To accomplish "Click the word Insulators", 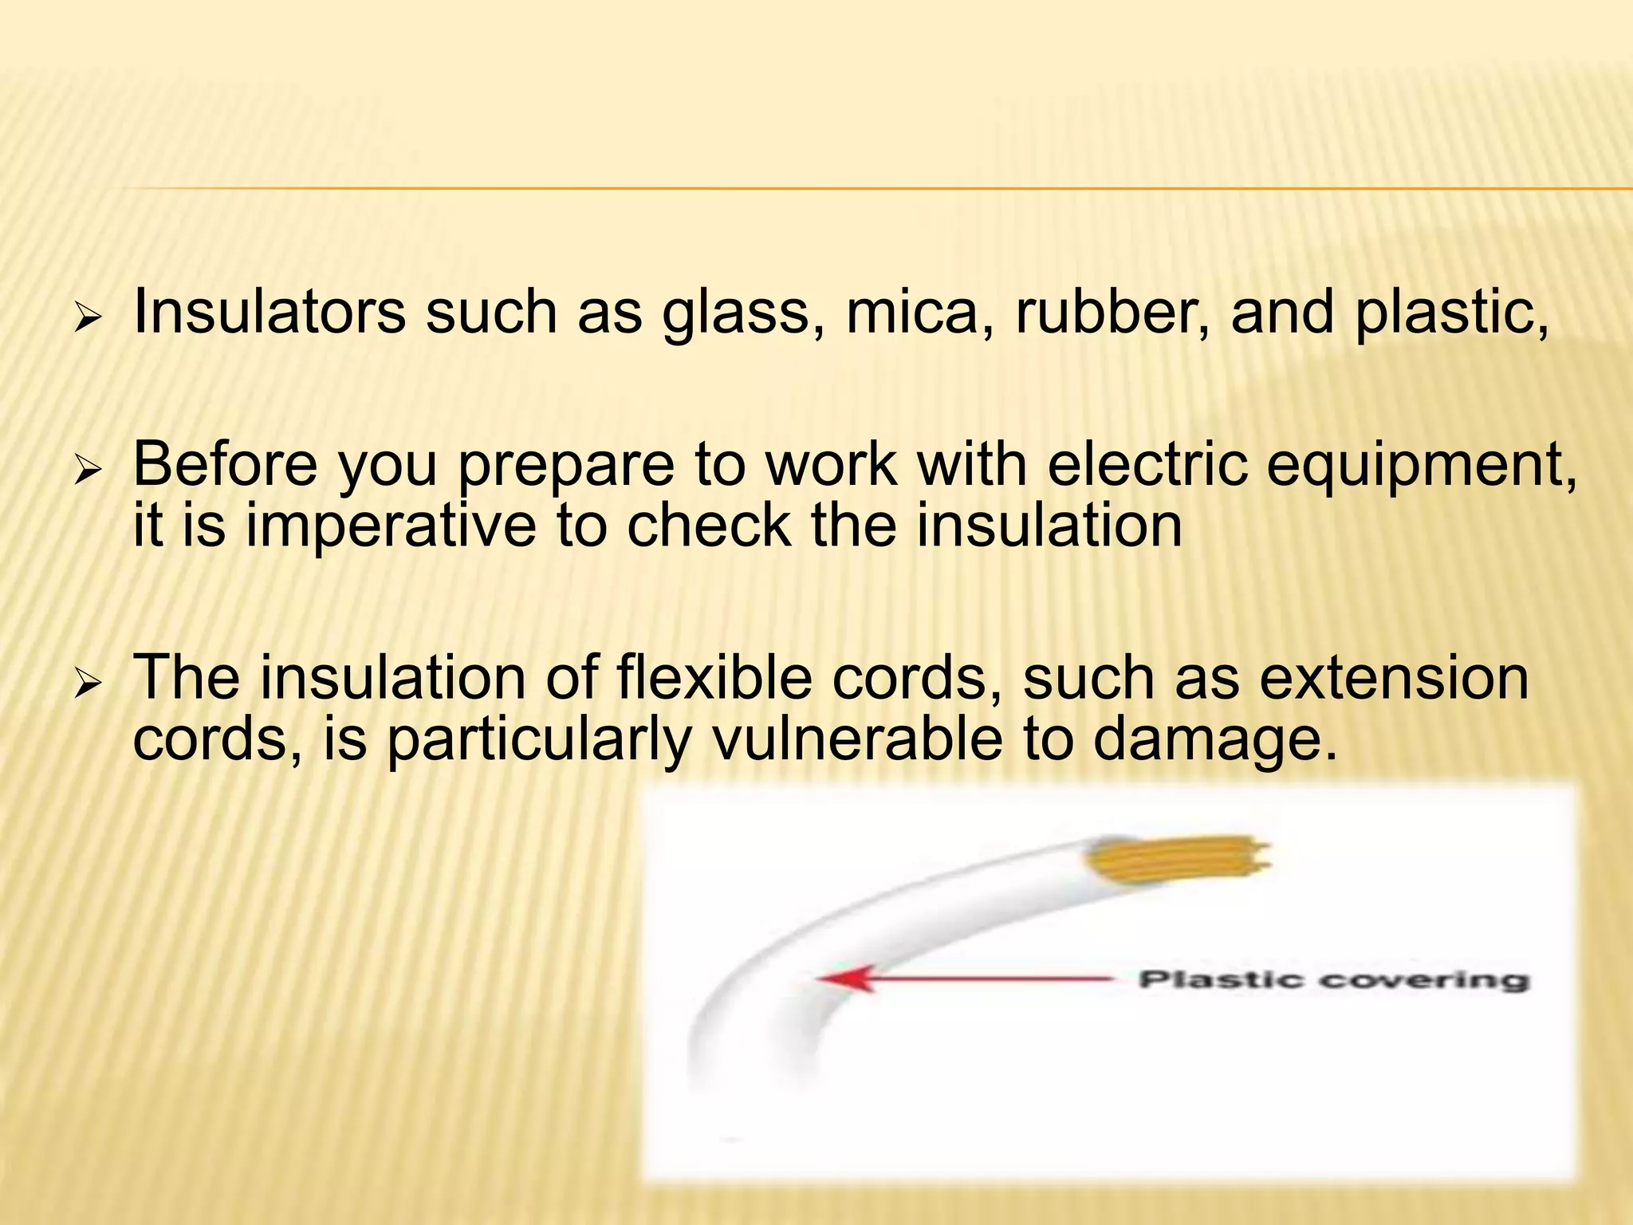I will point(270,312).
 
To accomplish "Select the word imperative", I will point(391,528).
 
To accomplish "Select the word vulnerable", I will point(856,739).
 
